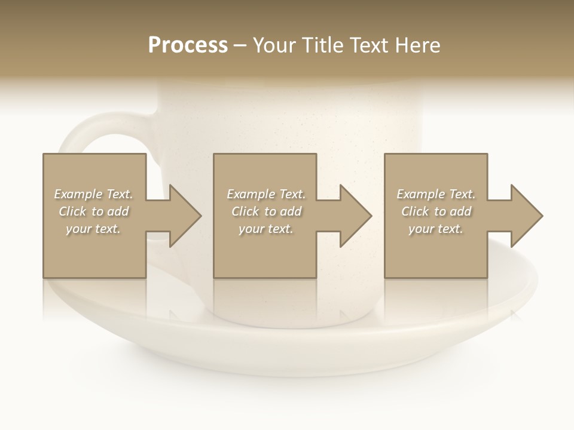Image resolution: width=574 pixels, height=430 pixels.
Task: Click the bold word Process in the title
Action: pos(188,45)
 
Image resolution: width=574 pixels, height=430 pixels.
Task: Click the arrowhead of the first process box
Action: pos(185,216)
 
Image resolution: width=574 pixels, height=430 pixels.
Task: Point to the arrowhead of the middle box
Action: pos(356,216)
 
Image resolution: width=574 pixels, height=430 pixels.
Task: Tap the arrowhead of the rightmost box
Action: pos(526,216)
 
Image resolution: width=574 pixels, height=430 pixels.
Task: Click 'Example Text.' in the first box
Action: pos(93,194)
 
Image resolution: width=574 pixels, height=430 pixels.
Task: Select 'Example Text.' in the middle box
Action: pos(266,194)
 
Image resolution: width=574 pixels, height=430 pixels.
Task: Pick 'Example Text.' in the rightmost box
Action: pos(436,194)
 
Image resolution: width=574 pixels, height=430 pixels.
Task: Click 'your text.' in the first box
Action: pos(93,229)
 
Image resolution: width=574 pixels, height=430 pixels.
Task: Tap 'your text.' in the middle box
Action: pos(266,229)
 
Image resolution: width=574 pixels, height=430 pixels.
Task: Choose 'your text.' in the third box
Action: pos(436,229)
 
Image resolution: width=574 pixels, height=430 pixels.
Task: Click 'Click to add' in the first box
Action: pos(93,211)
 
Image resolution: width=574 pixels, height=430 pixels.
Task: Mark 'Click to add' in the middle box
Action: pos(266,211)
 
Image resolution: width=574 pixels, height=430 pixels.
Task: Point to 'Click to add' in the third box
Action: pos(436,211)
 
